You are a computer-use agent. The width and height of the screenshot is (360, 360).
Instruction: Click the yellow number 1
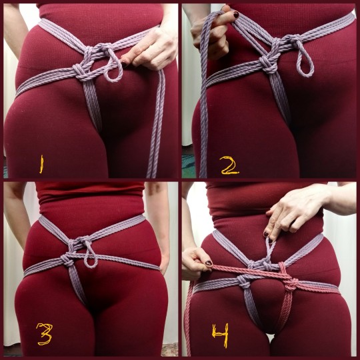[x=41, y=164]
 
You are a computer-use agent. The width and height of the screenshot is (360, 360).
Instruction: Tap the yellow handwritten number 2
[x=230, y=166]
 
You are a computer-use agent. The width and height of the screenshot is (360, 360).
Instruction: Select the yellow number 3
[x=44, y=334]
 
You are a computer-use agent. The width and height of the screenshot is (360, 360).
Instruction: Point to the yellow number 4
[x=221, y=335]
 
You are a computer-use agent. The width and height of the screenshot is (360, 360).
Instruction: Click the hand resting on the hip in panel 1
[x=149, y=49]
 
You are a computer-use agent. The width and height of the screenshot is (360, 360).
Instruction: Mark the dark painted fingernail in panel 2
[x=236, y=15]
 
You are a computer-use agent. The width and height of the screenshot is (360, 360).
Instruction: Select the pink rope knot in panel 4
[x=291, y=284]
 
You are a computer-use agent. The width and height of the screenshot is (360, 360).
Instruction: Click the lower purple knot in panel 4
[x=244, y=281]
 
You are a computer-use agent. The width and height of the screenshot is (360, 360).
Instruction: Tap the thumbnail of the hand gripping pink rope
[x=209, y=263]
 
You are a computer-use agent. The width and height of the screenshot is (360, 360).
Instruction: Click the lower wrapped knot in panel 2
[x=269, y=63]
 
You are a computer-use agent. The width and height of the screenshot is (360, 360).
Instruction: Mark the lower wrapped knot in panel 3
[x=68, y=259]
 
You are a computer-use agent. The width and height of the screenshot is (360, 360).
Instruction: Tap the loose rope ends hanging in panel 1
[x=157, y=124]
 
